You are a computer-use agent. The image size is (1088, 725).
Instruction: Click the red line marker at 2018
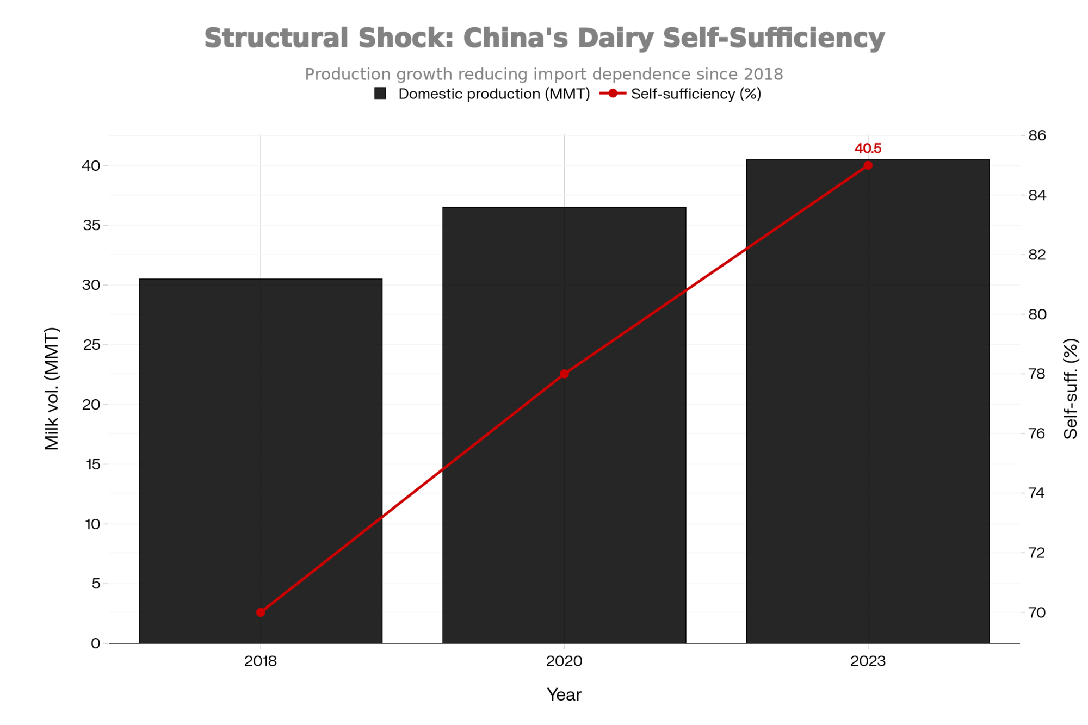(x=261, y=612)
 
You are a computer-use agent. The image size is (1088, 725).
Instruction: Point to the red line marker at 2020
(x=564, y=374)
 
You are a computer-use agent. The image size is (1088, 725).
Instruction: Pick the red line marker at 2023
(x=868, y=165)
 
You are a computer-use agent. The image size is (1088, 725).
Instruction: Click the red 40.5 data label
(x=868, y=148)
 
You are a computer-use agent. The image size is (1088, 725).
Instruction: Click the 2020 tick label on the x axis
(x=564, y=661)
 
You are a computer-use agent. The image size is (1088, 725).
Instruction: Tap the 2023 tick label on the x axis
(x=868, y=661)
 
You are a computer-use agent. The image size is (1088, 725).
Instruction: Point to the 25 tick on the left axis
(x=92, y=345)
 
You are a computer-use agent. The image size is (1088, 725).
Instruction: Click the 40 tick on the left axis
(x=92, y=166)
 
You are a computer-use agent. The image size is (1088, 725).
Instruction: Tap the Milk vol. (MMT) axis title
(x=52, y=389)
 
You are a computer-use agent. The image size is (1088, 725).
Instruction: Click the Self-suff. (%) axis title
(x=1070, y=389)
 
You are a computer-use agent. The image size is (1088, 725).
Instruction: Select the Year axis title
(x=564, y=695)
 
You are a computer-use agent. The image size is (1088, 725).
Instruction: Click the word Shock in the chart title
(x=406, y=38)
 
